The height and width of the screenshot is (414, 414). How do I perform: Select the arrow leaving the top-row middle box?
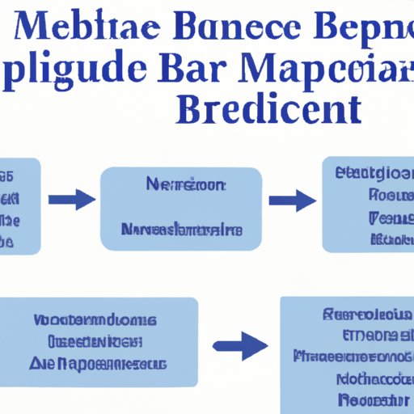(x=292, y=199)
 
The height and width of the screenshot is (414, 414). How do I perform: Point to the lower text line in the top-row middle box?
(x=181, y=230)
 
